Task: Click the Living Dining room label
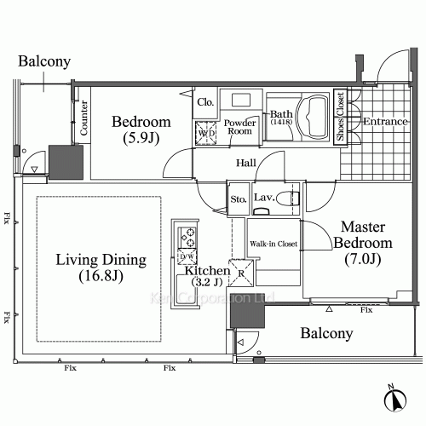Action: coord(102,268)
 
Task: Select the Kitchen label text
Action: coord(204,276)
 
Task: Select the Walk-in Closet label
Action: coord(273,244)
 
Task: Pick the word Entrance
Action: coord(386,122)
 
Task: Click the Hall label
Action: coord(247,164)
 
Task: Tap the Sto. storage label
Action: coord(237,201)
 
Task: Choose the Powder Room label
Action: coord(241,127)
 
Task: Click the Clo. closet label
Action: coord(205,101)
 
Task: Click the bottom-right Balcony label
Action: coord(326,334)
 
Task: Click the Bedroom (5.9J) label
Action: coord(141,129)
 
